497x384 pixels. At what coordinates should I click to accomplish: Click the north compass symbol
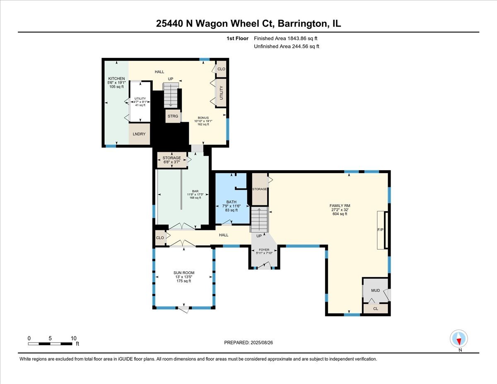[459, 338]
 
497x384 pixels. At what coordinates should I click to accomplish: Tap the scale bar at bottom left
[50, 343]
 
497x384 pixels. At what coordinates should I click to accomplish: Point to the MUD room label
[375, 290]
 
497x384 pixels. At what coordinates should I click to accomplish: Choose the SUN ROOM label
[183, 273]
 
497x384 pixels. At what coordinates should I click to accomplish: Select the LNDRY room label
[139, 134]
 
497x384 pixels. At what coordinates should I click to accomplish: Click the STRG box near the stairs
[173, 116]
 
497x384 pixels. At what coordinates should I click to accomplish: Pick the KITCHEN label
[116, 79]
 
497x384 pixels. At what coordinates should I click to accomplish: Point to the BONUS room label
[203, 118]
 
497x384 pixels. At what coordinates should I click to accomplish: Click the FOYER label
[264, 250]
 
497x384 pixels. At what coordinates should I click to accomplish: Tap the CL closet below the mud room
[376, 309]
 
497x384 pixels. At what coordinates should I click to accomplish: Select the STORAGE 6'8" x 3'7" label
[171, 158]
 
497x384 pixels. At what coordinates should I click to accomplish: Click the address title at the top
[248, 24]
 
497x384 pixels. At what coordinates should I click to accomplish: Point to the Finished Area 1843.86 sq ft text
[286, 39]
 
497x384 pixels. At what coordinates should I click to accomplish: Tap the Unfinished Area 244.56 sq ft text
[286, 46]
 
